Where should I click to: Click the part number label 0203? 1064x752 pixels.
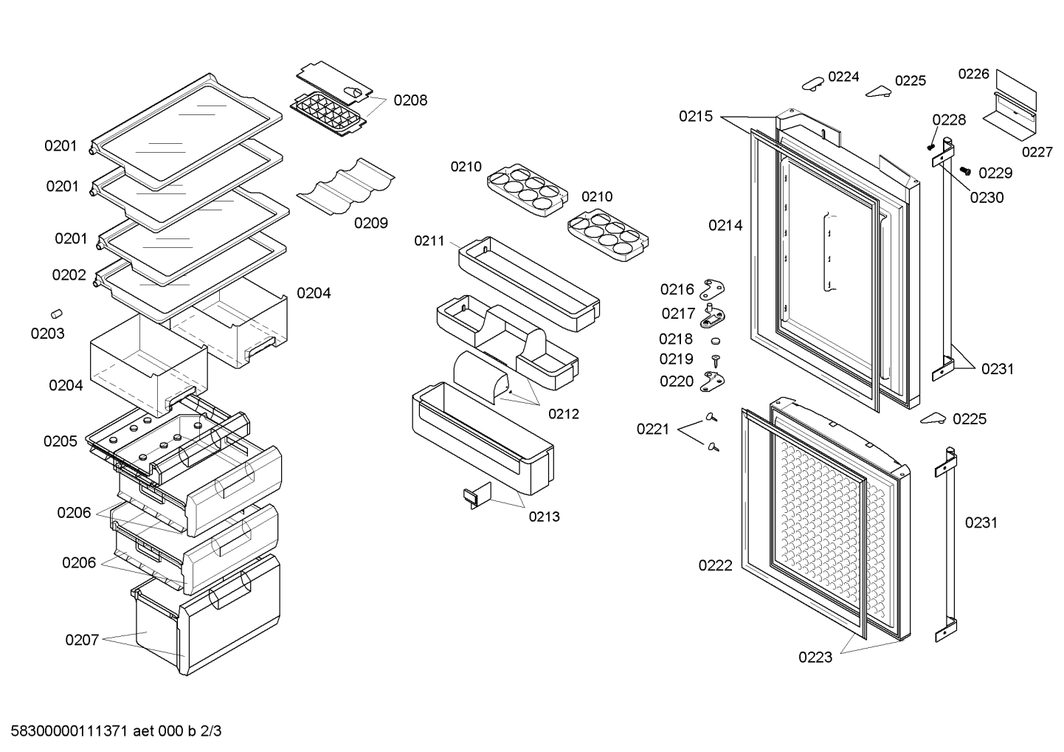(47, 334)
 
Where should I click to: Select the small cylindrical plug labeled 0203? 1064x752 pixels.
(57, 314)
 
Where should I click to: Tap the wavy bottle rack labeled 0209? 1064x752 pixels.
(345, 187)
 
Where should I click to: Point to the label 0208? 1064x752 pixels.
(410, 100)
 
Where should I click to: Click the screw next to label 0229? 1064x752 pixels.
(965, 170)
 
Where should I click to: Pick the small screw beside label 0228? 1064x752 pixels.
(931, 146)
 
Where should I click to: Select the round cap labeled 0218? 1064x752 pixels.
(716, 341)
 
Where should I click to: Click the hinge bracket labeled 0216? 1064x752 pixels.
(712, 289)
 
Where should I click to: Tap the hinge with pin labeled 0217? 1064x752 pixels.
(713, 315)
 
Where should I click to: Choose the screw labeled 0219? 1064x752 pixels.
(716, 361)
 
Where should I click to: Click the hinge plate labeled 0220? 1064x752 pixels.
(712, 382)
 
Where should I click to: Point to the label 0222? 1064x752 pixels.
(715, 565)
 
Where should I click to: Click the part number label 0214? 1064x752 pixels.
(725, 225)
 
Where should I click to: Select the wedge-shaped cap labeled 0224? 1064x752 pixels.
(813, 83)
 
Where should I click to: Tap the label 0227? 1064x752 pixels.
(1037, 152)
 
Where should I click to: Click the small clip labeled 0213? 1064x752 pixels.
(477, 495)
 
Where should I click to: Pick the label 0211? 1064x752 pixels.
(429, 241)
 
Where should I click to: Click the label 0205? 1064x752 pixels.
(61, 441)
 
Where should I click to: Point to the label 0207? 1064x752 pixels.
(82, 640)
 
